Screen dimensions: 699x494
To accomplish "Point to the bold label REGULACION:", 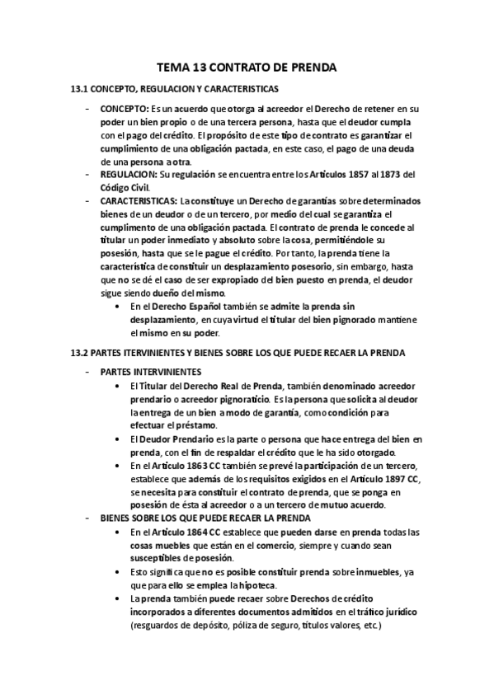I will click(x=129, y=174).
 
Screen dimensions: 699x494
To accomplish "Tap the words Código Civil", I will click(x=127, y=187).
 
